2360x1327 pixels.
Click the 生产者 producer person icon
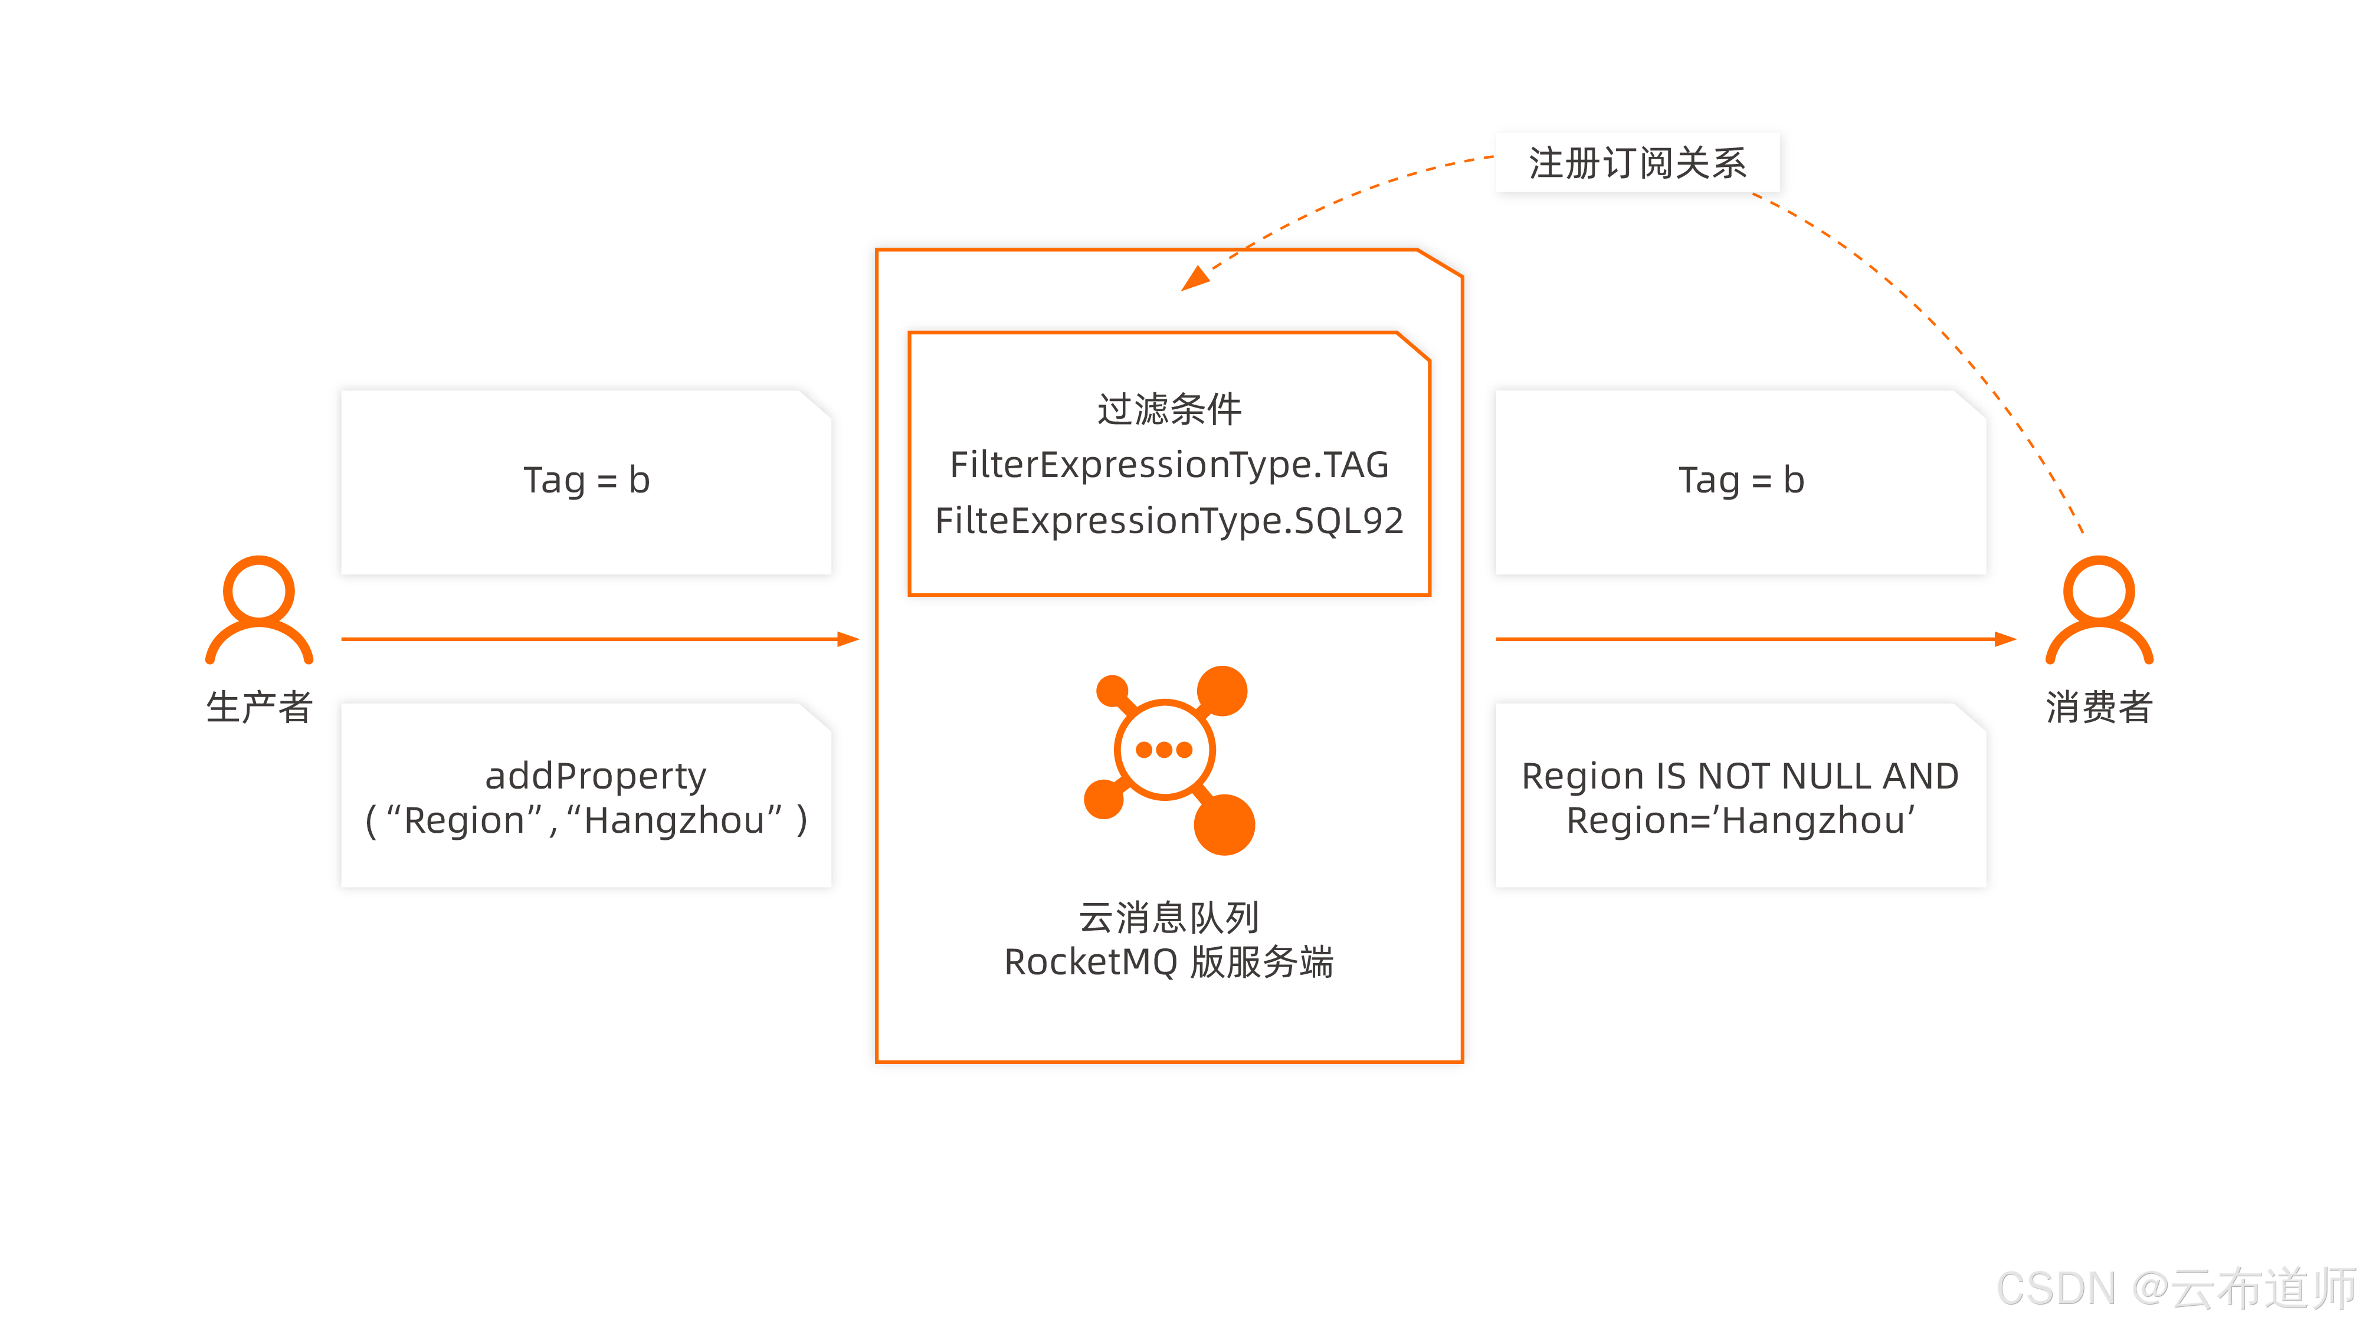coord(259,609)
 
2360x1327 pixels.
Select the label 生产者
coord(259,707)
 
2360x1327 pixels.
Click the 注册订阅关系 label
coord(1637,163)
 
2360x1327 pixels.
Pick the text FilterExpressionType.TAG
coord(1169,464)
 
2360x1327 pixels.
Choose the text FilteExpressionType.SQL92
coord(1169,520)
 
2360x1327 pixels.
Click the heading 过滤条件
coord(1169,409)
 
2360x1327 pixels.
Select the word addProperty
coord(595,776)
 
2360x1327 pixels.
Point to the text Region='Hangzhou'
coord(1740,820)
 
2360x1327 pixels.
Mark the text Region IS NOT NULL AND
coord(1740,776)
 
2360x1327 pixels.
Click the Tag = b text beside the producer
coord(586,480)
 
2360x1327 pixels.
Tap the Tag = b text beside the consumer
coord(1740,480)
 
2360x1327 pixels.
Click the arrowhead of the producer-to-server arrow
coord(848,639)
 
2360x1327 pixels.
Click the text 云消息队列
coord(1169,917)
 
